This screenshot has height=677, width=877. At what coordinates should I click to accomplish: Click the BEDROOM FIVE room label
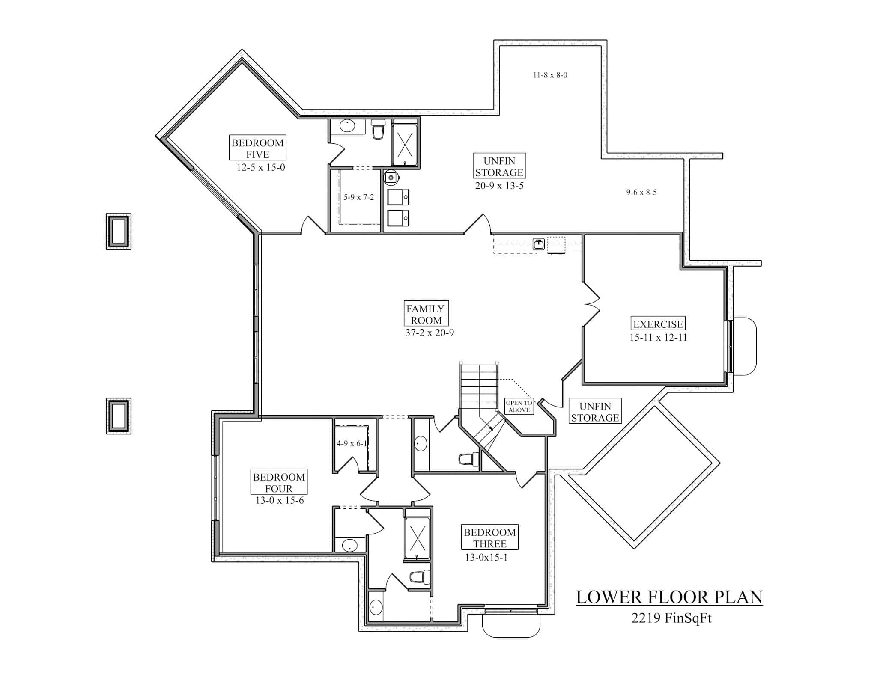(257, 148)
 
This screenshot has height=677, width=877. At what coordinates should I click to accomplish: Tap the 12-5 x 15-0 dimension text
(260, 167)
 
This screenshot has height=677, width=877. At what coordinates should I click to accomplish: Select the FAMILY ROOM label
(426, 314)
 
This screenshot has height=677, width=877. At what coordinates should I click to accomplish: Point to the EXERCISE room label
(658, 324)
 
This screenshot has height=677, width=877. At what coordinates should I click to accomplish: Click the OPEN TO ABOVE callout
(519, 406)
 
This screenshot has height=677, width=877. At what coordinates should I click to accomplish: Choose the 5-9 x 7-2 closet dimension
(358, 197)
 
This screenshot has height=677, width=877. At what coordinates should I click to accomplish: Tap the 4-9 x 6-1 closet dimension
(352, 443)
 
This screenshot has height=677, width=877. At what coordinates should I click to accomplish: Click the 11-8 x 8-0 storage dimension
(550, 75)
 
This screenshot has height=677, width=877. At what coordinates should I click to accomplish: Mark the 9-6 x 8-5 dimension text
(641, 192)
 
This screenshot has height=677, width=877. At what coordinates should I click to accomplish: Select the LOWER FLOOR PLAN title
(669, 597)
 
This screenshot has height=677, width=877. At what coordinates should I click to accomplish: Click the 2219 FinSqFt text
(671, 618)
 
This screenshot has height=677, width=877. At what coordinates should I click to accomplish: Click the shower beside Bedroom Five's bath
(405, 145)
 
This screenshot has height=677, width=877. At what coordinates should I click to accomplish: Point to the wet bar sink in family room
(539, 244)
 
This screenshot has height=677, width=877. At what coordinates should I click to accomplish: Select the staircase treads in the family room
(479, 385)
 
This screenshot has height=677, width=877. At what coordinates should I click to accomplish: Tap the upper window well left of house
(119, 231)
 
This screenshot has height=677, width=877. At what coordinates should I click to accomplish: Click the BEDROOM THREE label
(489, 538)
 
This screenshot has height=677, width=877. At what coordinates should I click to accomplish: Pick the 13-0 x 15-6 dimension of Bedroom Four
(279, 500)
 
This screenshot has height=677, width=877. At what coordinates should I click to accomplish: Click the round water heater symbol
(391, 177)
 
